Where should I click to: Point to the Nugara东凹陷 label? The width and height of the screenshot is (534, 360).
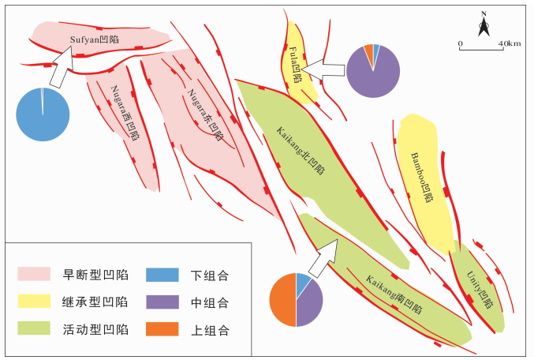pos(205,115)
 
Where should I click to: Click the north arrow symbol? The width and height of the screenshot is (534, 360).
pos(483,25)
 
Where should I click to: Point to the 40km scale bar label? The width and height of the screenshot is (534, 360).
pos(510,43)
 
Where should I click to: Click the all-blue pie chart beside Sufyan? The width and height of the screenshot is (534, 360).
pos(43,114)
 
